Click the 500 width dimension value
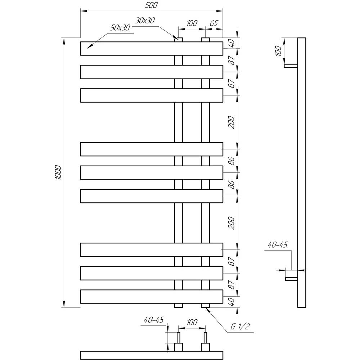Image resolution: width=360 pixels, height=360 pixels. pos(151,5)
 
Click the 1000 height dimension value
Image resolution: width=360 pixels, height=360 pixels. pos(58,172)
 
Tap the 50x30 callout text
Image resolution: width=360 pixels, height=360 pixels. pos(120,28)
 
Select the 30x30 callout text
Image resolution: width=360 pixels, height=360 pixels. pos(145,21)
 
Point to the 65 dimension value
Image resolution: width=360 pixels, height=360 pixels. pos(214,23)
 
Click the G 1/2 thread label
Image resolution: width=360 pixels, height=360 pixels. pos(240,326)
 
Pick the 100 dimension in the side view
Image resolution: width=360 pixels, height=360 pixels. pos(278,51)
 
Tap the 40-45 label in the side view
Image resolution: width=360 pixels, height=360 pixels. pos(278,245)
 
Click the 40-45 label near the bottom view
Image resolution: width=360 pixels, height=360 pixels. pos(154,320)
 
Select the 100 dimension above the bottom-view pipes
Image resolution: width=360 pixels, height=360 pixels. pos(192,322)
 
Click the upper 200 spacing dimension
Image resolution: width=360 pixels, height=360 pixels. pos(231,122)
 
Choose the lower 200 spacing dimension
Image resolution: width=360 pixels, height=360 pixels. pos(231,223)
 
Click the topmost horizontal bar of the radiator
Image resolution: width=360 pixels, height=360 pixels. pos(152,49)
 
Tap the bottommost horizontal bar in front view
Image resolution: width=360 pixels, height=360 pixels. pos(152,297)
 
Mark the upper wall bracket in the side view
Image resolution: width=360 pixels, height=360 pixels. pos(291,66)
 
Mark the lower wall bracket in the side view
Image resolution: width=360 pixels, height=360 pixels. pos(291,279)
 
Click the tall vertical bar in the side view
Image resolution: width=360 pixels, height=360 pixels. pos(302,172)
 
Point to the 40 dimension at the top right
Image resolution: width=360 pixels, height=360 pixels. pos(232,43)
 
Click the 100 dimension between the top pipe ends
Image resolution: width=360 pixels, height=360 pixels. pos(192,23)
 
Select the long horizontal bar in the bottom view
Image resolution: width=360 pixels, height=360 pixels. pos(152,355)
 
